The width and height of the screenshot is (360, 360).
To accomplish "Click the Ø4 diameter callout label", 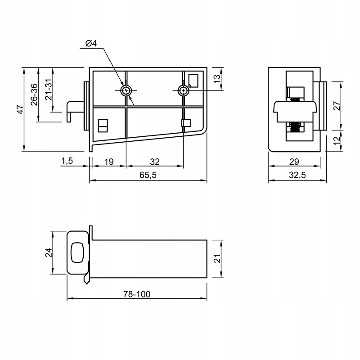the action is click(x=91, y=43).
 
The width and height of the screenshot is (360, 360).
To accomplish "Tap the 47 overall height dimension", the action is click(x=20, y=109).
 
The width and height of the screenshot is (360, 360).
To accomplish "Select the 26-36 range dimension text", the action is click(x=34, y=94).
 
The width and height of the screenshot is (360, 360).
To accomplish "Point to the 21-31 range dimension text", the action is click(x=49, y=90).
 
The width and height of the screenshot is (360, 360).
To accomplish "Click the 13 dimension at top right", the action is click(x=217, y=79).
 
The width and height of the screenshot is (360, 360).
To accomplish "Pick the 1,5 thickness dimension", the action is click(x=67, y=161).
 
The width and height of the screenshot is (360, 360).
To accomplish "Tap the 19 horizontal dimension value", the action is click(x=109, y=162).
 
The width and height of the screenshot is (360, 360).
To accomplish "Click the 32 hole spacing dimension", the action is click(x=155, y=162).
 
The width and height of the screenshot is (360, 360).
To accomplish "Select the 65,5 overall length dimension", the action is click(x=148, y=175).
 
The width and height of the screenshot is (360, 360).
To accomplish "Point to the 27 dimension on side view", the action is click(x=337, y=106).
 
